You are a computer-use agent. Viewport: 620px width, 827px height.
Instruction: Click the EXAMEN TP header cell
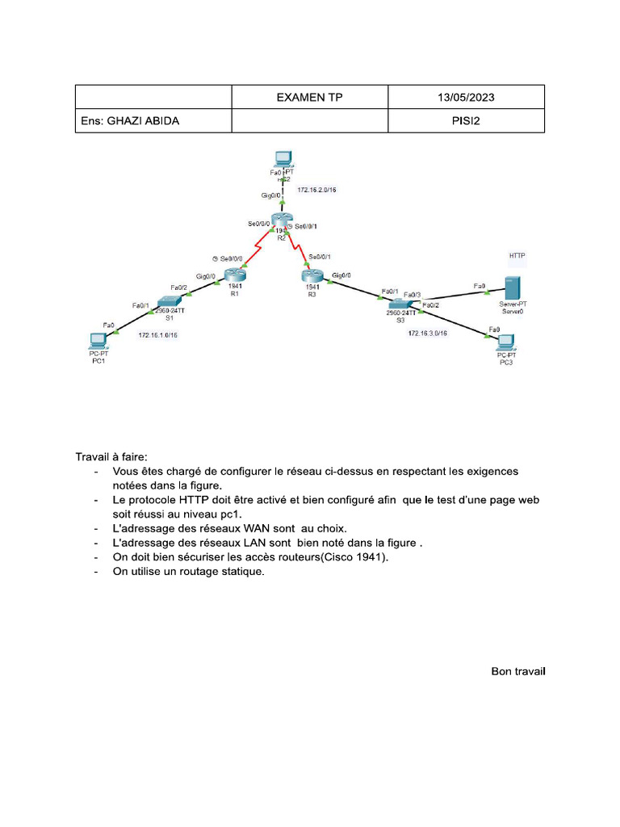(x=309, y=97)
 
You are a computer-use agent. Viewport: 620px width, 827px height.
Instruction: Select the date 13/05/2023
(x=466, y=97)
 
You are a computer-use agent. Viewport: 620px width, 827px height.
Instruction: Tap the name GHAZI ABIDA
(x=130, y=121)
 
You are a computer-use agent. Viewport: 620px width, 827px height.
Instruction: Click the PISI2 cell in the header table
(x=466, y=121)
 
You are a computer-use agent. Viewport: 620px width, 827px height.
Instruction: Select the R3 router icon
(x=312, y=275)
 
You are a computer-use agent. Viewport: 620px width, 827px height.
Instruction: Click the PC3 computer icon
(x=506, y=342)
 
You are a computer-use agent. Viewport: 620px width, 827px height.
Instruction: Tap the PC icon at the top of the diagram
(x=282, y=159)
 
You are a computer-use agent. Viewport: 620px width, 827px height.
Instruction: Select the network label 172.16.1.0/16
(x=158, y=334)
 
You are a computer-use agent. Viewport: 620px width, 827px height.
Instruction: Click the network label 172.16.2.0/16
(x=317, y=190)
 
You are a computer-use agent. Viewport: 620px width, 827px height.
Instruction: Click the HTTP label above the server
(x=517, y=255)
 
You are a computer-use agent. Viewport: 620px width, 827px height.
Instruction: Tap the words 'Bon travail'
(x=518, y=671)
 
